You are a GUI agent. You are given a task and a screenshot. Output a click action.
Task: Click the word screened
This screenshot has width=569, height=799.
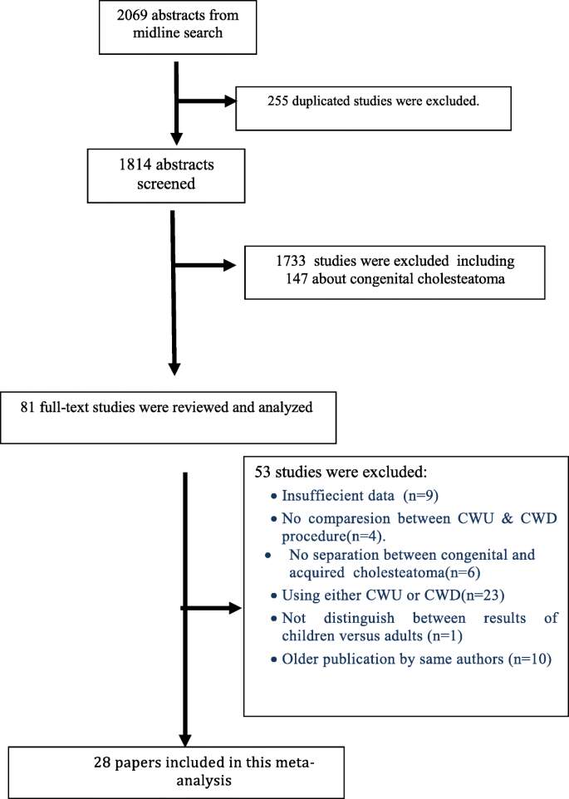point(166,184)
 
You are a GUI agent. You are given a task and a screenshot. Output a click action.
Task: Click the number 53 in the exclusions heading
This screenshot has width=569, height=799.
point(263,472)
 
